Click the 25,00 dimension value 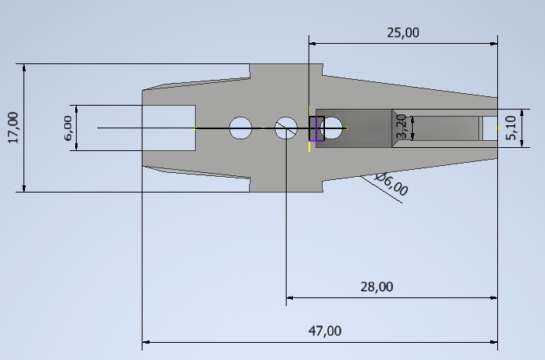[403, 33]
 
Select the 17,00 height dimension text [13, 127]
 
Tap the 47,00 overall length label [324, 331]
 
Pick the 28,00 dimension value [377, 287]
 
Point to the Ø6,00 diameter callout [392, 185]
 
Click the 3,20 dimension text [402, 128]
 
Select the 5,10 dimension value [511, 128]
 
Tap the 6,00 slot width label [67, 128]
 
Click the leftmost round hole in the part [240, 128]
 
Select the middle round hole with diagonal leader [286, 128]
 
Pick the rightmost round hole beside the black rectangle [333, 128]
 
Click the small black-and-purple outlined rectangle [316, 128]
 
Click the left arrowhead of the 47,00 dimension [146, 342]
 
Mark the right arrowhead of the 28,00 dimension [493, 297]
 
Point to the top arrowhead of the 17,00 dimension [24, 67]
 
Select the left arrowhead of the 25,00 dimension [312, 43]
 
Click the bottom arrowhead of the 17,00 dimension [24, 187]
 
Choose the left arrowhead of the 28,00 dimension [290, 297]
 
